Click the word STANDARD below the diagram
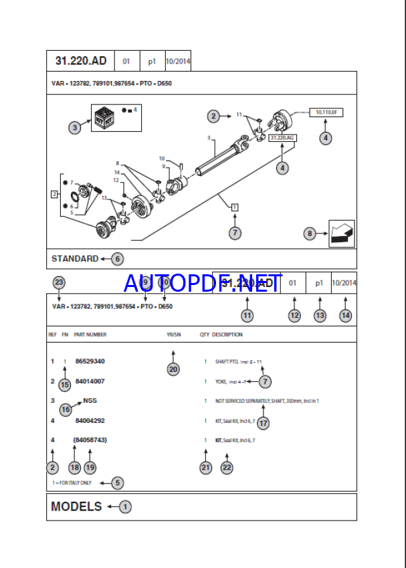(x=75, y=258)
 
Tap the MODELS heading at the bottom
(x=76, y=506)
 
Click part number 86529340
(x=90, y=361)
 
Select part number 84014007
(x=90, y=381)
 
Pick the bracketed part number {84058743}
(x=90, y=440)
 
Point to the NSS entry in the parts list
(x=90, y=401)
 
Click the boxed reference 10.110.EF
(x=326, y=113)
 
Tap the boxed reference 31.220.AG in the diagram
(x=282, y=138)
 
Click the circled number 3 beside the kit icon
(x=75, y=126)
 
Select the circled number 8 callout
(x=310, y=233)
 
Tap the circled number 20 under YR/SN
(x=174, y=368)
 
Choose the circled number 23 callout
(x=59, y=282)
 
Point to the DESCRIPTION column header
(x=227, y=335)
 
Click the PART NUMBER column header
(x=90, y=335)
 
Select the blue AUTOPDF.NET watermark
(x=203, y=284)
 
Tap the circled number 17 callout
(x=263, y=423)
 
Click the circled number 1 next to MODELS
(x=125, y=507)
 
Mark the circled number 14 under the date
(x=345, y=315)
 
